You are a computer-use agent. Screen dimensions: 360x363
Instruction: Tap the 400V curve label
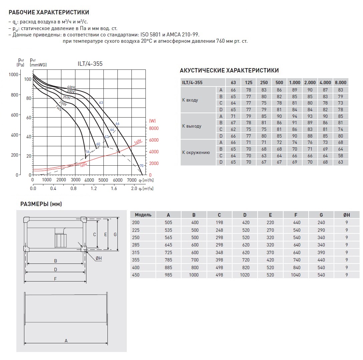click(70, 87)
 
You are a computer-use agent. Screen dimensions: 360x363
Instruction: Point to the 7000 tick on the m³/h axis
click(132, 180)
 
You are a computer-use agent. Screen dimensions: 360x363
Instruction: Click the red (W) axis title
click(152, 121)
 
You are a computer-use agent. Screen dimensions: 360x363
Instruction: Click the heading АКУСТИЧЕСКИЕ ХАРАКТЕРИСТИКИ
click(229, 71)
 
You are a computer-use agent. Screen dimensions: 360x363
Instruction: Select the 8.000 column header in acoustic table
click(340, 82)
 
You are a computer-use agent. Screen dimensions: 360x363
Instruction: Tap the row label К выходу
click(192, 126)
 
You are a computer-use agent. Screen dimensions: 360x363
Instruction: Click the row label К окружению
click(196, 153)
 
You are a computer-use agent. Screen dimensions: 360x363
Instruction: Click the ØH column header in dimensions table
click(347, 215)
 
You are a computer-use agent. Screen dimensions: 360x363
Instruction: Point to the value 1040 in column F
click(296, 275)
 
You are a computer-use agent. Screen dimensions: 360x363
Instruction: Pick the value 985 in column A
click(168, 275)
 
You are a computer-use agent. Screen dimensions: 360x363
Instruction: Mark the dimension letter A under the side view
click(66, 341)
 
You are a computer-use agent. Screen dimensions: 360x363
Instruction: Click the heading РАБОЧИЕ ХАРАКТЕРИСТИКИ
click(49, 13)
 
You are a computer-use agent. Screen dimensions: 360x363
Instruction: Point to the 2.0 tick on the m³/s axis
click(134, 189)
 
